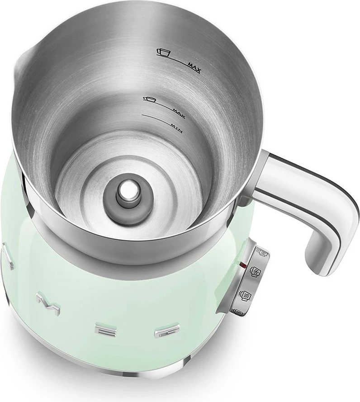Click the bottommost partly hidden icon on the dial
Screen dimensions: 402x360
[x=238, y=312]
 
